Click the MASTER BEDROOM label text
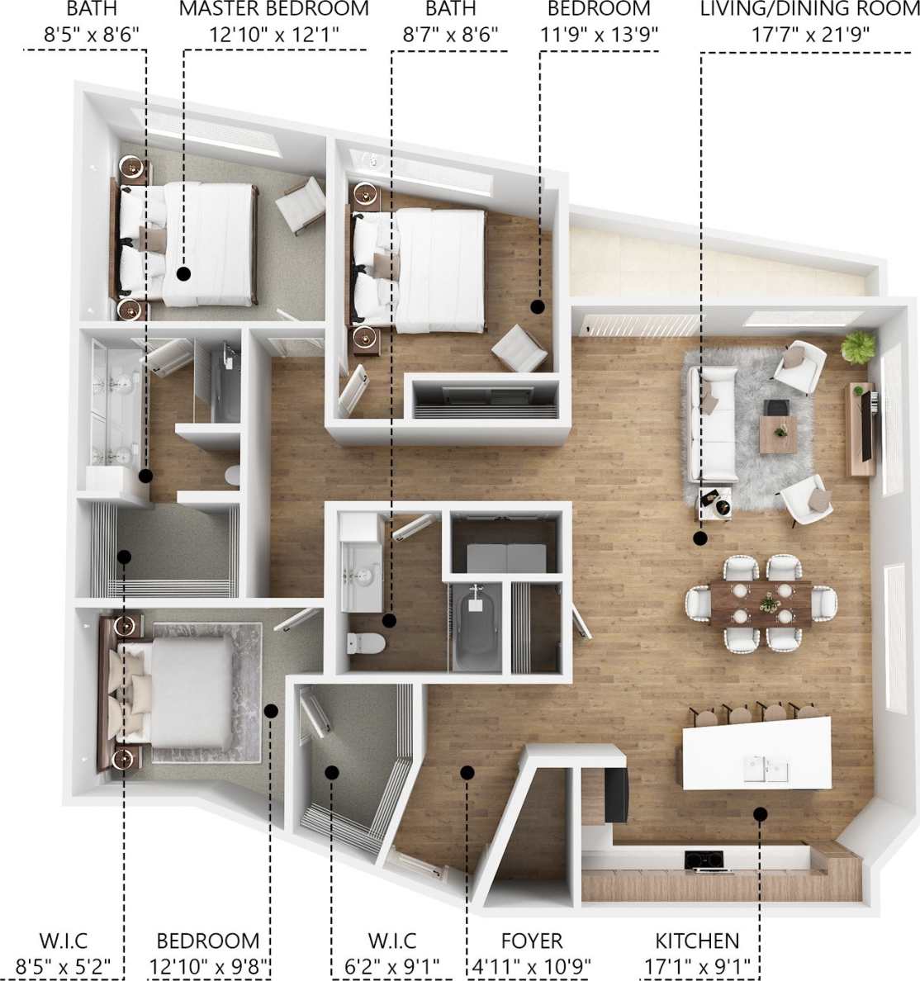coord(273,10)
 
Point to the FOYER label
coord(532,941)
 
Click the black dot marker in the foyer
coord(467,773)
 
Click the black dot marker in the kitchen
coord(760,814)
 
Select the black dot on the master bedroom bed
coord(183,272)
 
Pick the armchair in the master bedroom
coord(301,205)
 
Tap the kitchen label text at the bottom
coord(697,941)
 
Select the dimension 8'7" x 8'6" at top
coord(451,36)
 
